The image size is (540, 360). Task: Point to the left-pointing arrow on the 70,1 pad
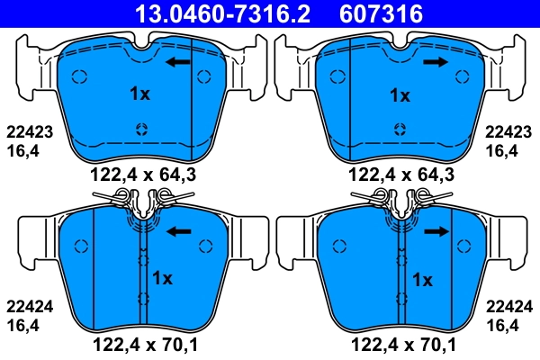pyautogui.click(x=180, y=231)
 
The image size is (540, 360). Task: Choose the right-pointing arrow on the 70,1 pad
pyautogui.click(x=437, y=231)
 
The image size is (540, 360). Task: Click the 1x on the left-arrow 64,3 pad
pyautogui.click(x=139, y=94)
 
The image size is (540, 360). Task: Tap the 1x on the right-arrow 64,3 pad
pyautogui.click(x=399, y=94)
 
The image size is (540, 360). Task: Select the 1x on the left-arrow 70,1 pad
pyautogui.click(x=163, y=276)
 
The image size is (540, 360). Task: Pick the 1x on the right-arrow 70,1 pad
pyautogui.click(x=421, y=280)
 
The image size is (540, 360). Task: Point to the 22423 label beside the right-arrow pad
pyautogui.click(x=508, y=131)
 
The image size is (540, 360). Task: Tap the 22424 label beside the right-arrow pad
pyautogui.click(x=508, y=306)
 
